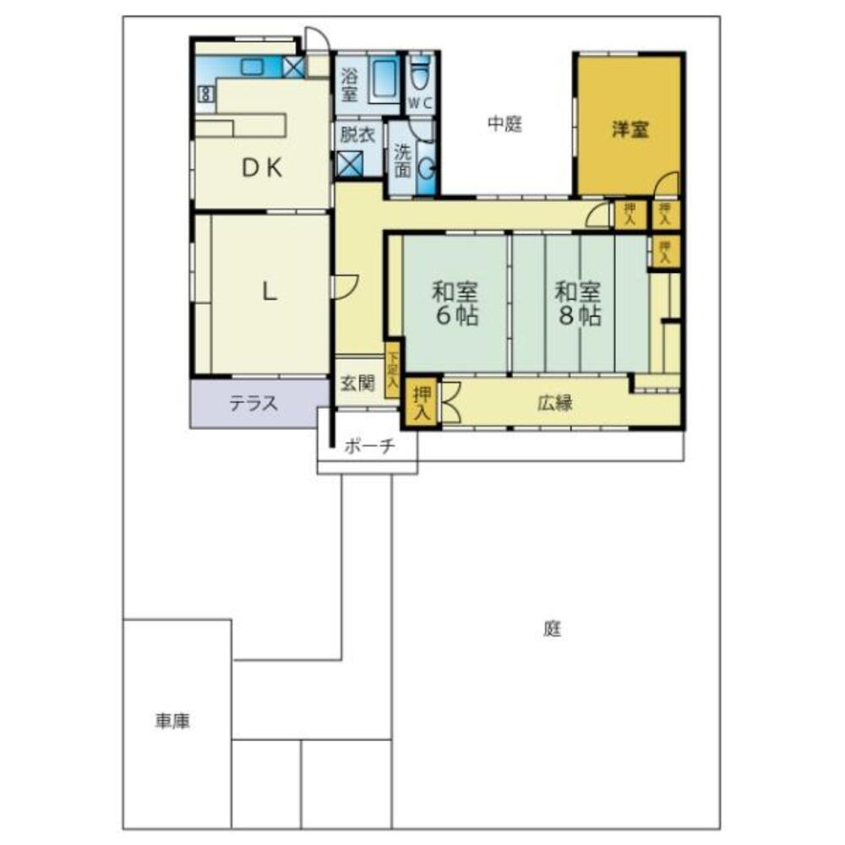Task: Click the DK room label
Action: pyautogui.click(x=263, y=168)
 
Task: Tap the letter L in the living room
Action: pyautogui.click(x=268, y=292)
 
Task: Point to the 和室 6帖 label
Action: pyautogui.click(x=455, y=304)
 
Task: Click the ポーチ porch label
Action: pyautogui.click(x=369, y=448)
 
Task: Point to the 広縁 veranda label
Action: pyautogui.click(x=555, y=403)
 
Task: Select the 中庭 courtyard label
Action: pyautogui.click(x=504, y=124)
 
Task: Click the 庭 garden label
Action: pyautogui.click(x=553, y=629)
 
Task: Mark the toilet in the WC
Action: pyautogui.click(x=420, y=75)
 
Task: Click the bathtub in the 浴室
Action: pyautogui.click(x=385, y=80)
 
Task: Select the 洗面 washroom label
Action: pyautogui.click(x=402, y=161)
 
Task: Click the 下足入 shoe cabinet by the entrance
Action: pyautogui.click(x=392, y=368)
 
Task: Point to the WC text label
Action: pyautogui.click(x=420, y=103)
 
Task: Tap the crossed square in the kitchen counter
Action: pyautogui.click(x=294, y=67)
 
